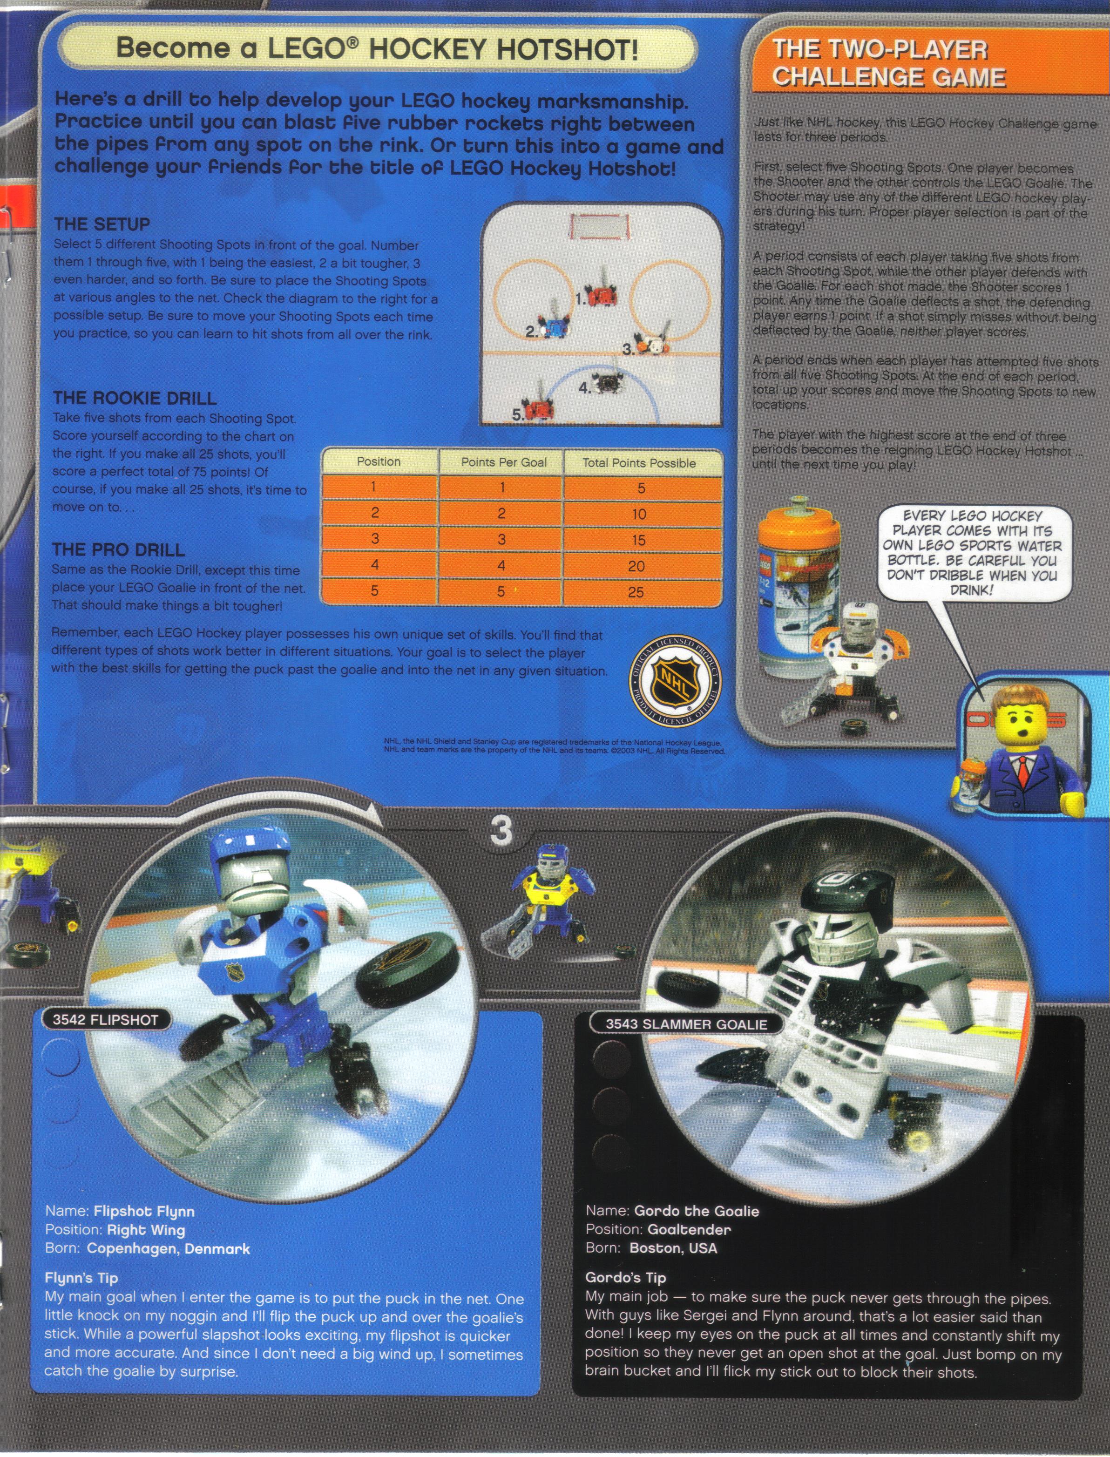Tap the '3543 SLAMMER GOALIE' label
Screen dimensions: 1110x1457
686,1025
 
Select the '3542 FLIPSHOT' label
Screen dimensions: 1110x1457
105,1020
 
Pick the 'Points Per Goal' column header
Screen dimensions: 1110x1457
503,462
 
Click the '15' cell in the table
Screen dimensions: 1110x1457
638,540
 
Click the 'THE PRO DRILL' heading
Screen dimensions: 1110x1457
118,550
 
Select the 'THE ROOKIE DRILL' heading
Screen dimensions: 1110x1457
135,398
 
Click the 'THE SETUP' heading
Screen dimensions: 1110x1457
102,224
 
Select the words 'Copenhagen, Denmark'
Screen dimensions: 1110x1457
169,1249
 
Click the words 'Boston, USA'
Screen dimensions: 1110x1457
673,1248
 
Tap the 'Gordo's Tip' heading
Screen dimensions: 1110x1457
626,1277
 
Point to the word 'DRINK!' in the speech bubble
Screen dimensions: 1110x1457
971,590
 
